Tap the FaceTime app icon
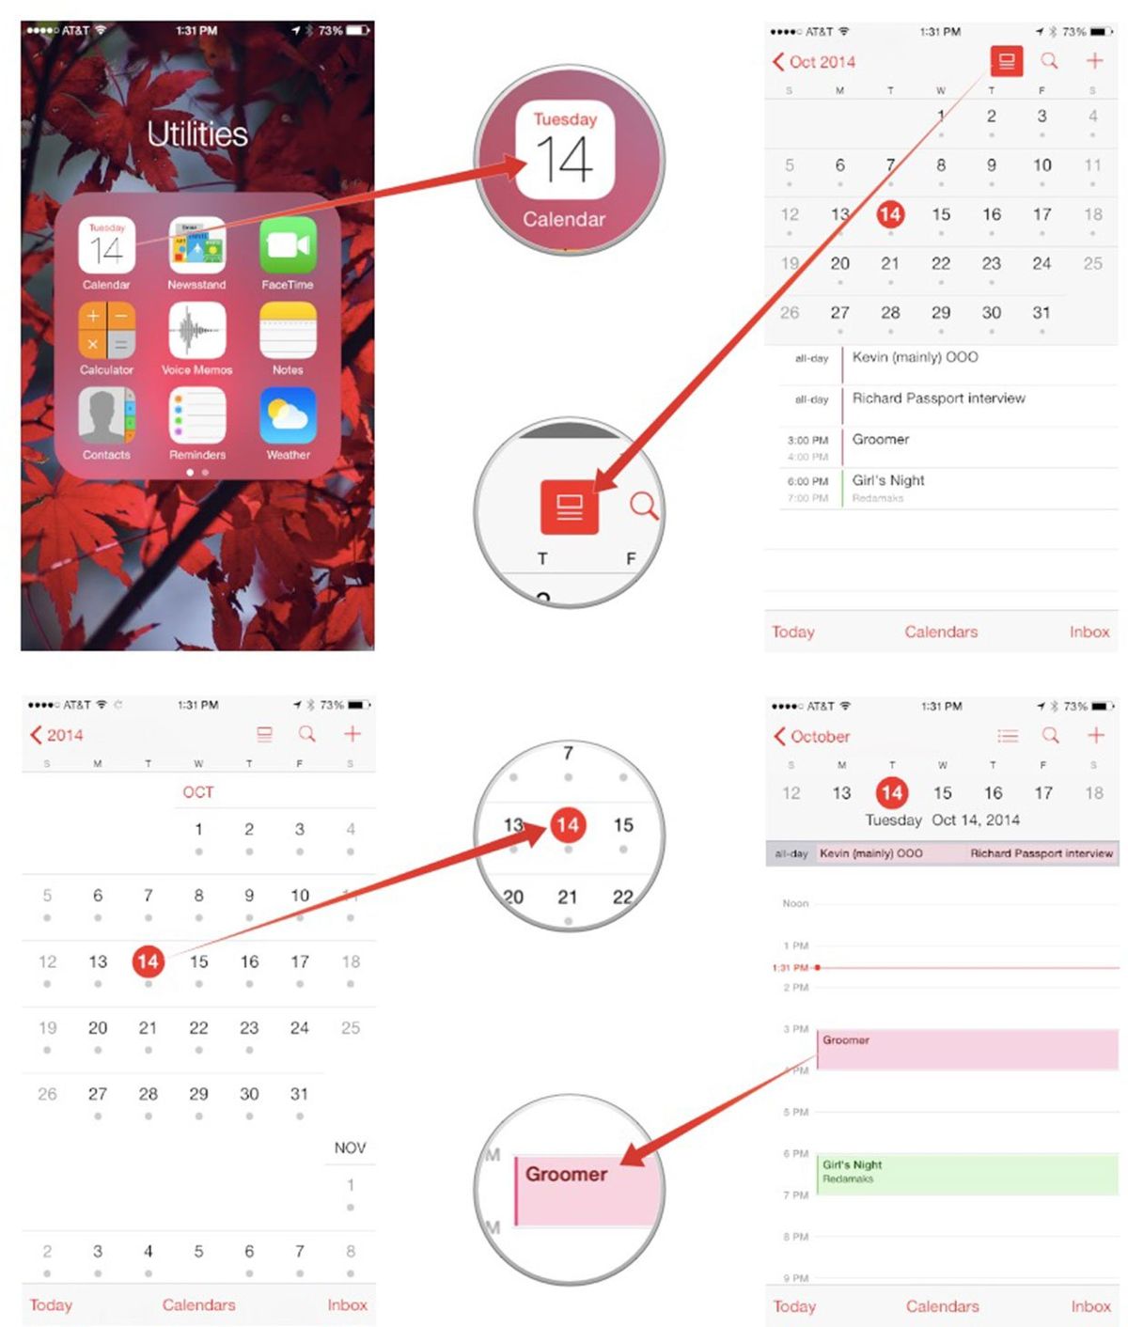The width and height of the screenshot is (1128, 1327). [x=288, y=245]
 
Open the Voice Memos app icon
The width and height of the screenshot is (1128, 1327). [x=197, y=331]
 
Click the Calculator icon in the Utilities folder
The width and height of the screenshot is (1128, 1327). [x=106, y=331]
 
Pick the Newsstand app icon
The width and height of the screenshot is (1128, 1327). [x=197, y=245]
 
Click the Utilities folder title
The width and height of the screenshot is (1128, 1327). [x=197, y=134]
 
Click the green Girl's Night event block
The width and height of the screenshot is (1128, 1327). [x=966, y=1174]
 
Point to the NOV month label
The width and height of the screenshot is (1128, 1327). [x=350, y=1147]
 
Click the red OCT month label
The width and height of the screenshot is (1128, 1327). [x=198, y=792]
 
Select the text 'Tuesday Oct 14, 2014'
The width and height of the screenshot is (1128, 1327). [x=942, y=820]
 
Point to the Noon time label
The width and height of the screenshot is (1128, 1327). [x=795, y=903]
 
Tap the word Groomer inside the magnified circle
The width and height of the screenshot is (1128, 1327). [x=566, y=1174]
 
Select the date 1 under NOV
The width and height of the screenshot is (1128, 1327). [x=350, y=1185]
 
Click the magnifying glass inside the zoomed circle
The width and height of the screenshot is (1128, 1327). [x=644, y=506]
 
